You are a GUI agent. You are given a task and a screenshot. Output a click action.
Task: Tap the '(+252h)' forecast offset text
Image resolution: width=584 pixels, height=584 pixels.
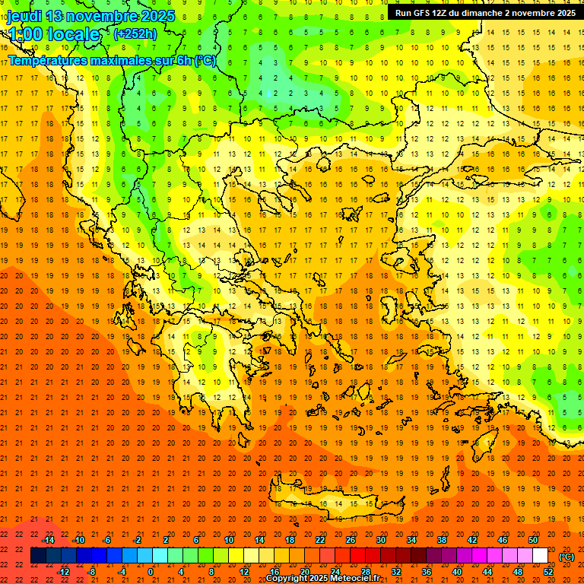pyautogui.click(x=135, y=33)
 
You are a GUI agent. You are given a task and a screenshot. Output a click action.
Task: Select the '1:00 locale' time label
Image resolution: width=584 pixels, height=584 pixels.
pyautogui.click(x=54, y=34)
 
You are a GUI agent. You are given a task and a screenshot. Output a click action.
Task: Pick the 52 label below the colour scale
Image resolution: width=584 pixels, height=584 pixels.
pyautogui.click(x=548, y=572)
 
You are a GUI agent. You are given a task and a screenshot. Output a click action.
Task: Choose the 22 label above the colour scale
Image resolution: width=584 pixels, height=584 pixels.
pyautogui.click(x=320, y=540)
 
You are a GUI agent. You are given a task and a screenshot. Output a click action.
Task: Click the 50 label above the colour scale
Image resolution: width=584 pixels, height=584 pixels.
pyautogui.click(x=533, y=540)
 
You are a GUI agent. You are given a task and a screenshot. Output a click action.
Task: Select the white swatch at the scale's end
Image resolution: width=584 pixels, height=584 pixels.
pyautogui.click(x=540, y=556)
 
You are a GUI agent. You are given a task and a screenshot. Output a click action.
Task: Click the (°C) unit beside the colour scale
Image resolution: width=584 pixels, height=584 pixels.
pyautogui.click(x=567, y=556)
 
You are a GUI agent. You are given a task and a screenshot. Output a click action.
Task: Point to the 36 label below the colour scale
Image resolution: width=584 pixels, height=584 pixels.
pyautogui.click(x=427, y=572)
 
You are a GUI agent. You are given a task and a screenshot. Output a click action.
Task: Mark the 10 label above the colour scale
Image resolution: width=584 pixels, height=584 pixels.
pyautogui.click(x=229, y=540)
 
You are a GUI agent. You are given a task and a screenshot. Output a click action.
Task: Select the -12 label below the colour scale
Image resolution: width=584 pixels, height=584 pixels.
pyautogui.click(x=63, y=572)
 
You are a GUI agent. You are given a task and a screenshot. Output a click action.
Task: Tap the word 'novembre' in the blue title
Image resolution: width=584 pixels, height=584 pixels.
pyautogui.click(x=94, y=16)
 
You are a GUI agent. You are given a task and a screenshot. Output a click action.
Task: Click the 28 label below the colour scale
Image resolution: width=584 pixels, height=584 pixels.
pyautogui.click(x=366, y=572)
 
